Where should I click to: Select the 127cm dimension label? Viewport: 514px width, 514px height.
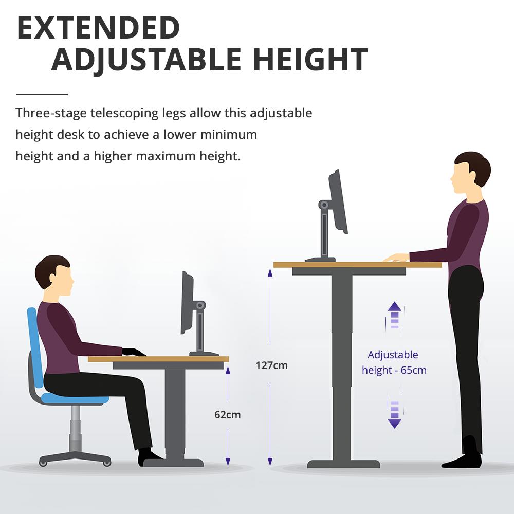point(271,366)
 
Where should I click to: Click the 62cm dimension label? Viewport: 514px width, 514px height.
point(227,414)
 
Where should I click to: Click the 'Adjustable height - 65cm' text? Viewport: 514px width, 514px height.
point(394,362)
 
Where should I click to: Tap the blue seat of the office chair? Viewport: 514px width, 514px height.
point(75,398)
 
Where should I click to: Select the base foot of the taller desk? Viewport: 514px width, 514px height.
point(343,464)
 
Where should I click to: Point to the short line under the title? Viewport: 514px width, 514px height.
point(42,94)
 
